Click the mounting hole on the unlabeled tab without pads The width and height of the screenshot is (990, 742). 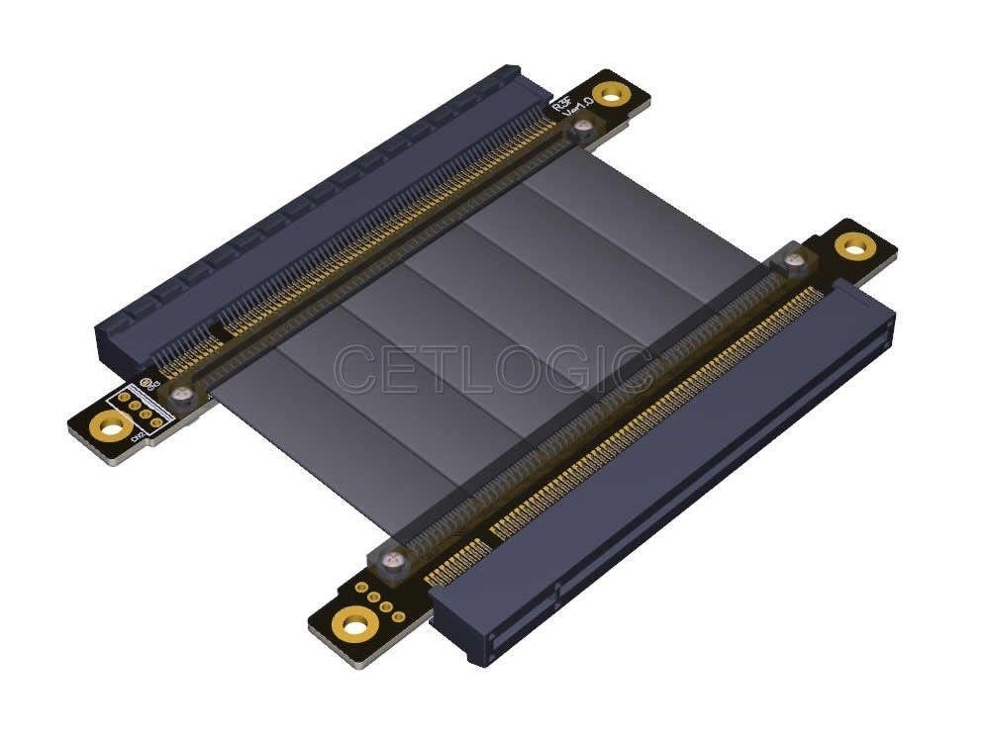point(852,246)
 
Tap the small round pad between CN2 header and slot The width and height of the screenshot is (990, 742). point(146,381)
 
